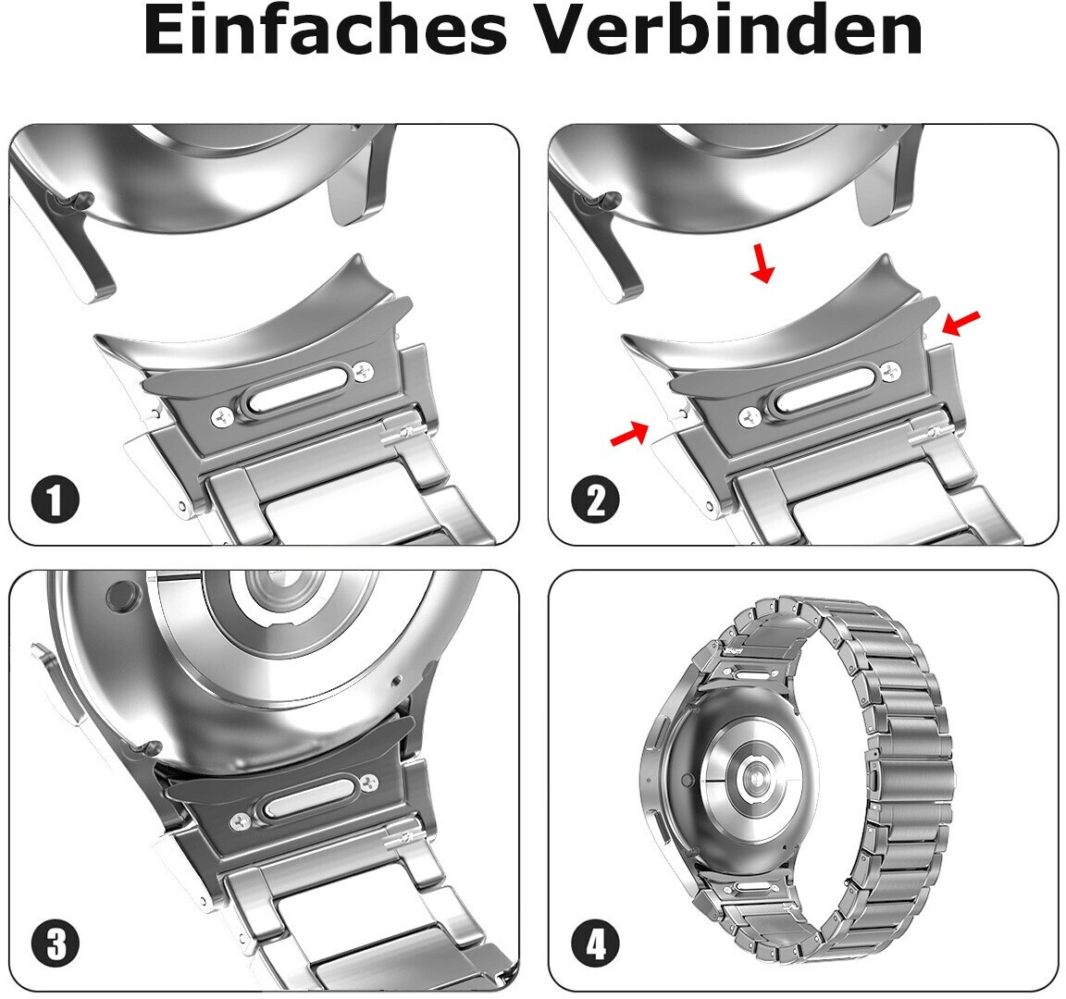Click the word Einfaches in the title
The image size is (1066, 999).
pos(326,31)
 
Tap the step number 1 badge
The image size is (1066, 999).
pos(56,499)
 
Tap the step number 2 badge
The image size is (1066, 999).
pos(595,499)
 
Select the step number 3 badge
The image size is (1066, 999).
pos(56,943)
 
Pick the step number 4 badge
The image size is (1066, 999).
pos(595,943)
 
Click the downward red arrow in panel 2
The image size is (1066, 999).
pos(762,263)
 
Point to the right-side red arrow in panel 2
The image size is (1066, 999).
pos(961,323)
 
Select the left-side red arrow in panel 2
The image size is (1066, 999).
pos(630,434)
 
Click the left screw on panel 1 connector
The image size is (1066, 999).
pos(222,418)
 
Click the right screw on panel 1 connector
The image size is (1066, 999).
pos(363,371)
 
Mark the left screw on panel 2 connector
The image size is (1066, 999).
pos(750,417)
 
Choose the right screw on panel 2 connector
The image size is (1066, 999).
pos(890,371)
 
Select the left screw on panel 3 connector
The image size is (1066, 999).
pos(241,821)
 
